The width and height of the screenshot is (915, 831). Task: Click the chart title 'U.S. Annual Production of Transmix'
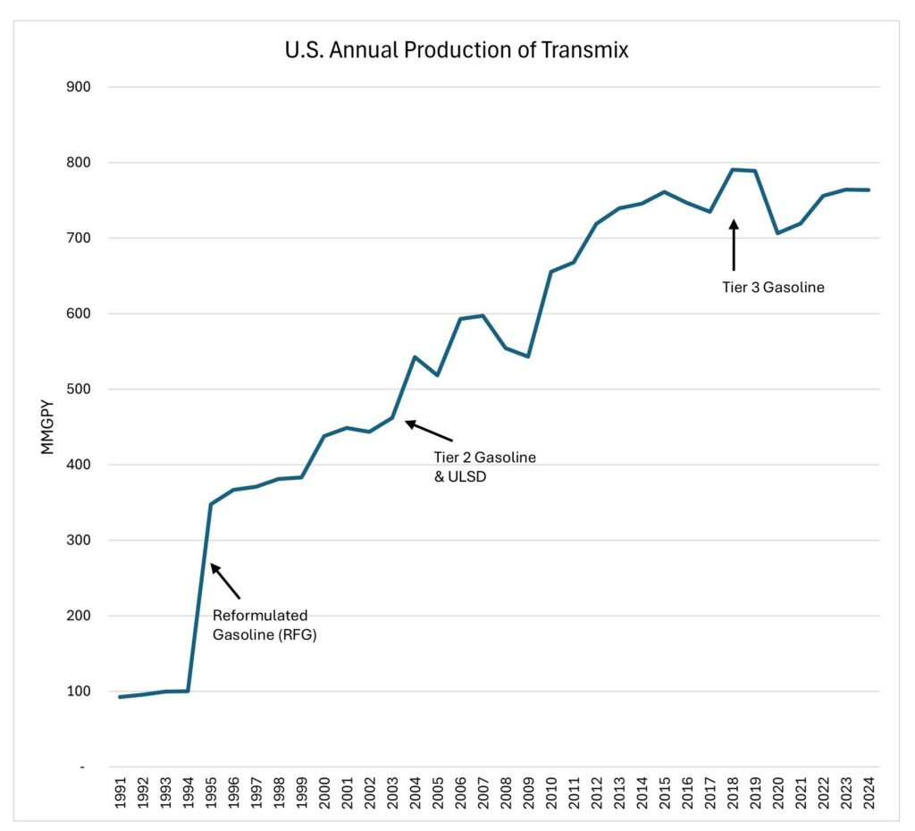457,50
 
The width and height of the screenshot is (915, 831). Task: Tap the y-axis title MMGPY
48,428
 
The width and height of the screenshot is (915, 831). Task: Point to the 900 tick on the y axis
79,88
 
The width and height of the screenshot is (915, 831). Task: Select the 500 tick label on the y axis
79,390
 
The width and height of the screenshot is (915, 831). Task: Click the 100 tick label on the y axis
79,692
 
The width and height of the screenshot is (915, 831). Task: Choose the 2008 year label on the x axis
506,797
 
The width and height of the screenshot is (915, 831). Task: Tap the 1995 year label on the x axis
210,797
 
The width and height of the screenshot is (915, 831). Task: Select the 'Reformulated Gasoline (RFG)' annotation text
260,625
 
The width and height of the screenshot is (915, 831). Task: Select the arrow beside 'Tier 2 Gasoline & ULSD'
429,431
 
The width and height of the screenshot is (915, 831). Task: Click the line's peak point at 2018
733,169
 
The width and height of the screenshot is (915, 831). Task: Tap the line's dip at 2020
778,233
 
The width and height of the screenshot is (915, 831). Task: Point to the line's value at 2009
528,357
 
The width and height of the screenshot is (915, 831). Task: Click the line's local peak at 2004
415,357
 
